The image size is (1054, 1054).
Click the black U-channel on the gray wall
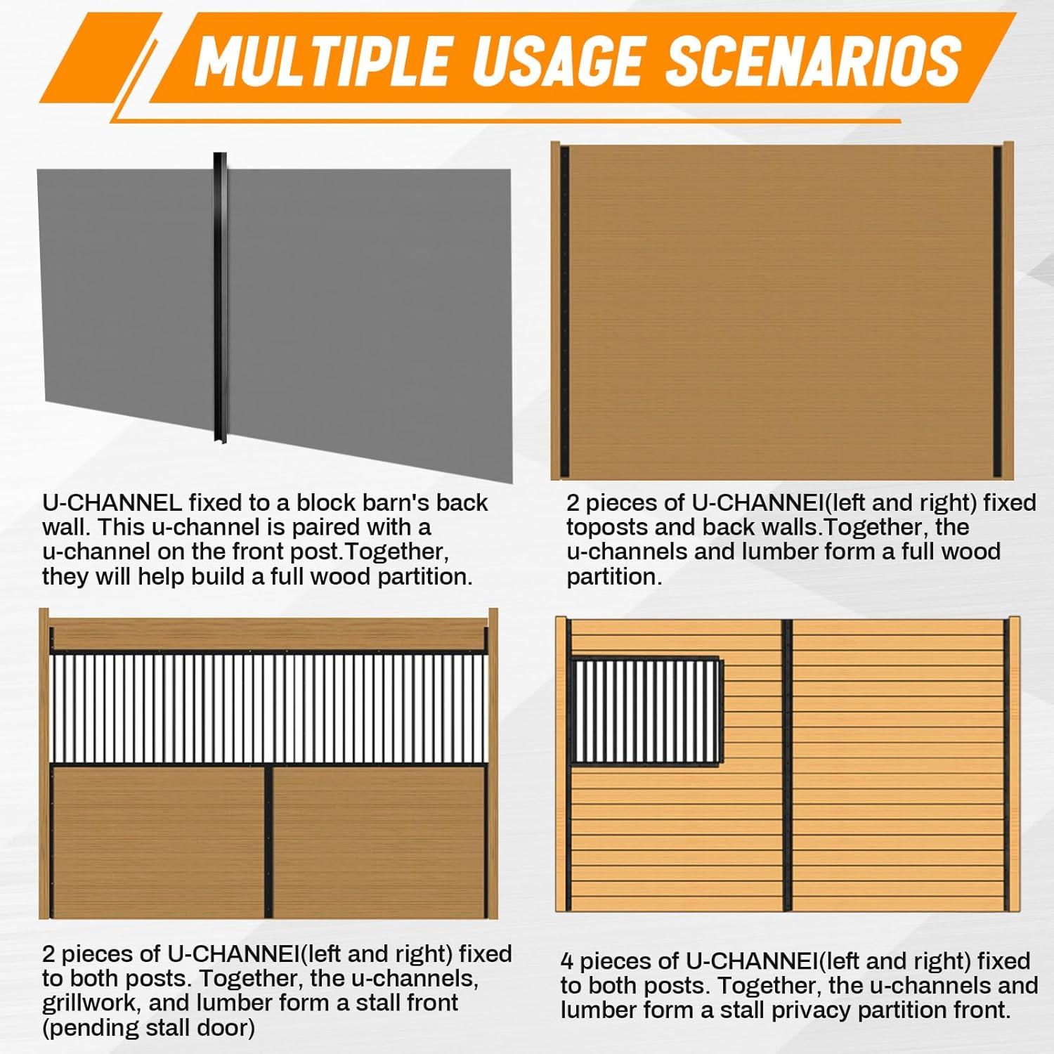220,295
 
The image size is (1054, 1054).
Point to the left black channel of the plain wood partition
564,309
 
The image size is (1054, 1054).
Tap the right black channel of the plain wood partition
997,309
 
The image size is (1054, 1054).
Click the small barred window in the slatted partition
646,711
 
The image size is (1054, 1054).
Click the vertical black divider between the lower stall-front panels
268,841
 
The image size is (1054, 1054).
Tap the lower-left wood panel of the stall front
159,841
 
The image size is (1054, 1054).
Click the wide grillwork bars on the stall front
268,708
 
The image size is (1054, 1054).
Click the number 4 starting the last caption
567,961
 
